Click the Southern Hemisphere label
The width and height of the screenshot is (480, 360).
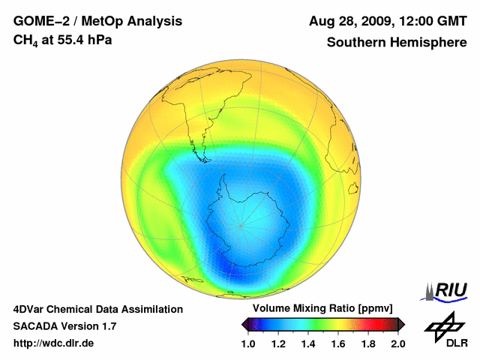coord(396,42)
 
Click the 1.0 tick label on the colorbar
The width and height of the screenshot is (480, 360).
coord(248,344)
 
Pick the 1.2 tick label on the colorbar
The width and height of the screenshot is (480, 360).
coord(278,344)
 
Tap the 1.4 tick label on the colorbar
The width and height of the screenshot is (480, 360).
coord(308,344)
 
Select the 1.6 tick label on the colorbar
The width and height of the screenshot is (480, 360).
coord(338,344)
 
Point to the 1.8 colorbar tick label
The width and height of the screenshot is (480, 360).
coord(367,344)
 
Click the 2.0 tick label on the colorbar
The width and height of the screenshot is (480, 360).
coord(397,344)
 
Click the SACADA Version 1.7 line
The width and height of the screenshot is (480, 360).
coord(64,326)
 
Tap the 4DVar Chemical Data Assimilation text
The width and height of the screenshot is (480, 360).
coord(97,309)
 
